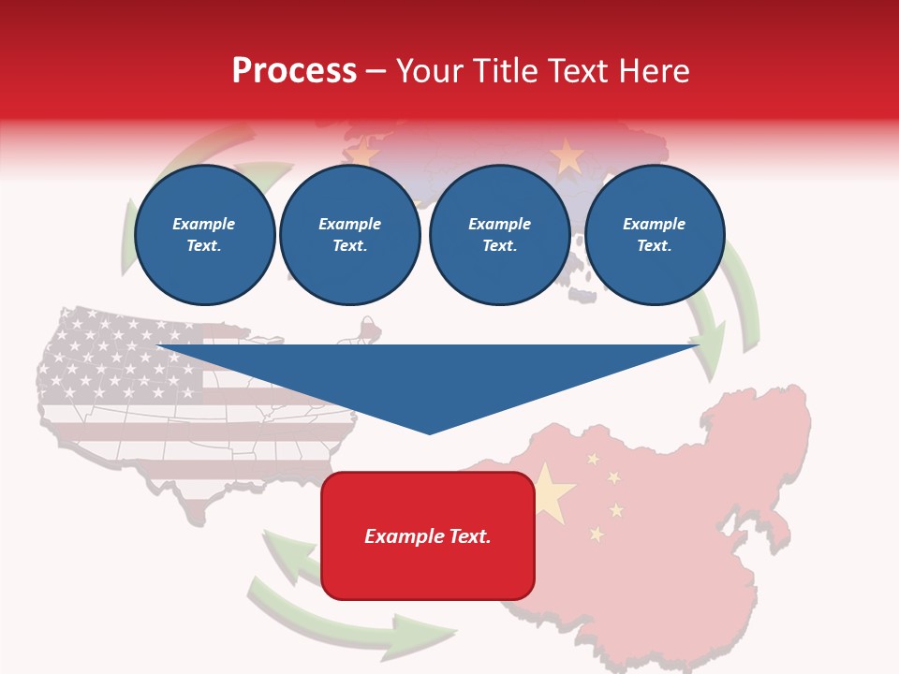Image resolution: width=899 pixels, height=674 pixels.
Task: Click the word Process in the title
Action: [294, 71]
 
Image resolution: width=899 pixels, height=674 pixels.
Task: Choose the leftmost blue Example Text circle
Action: [205, 235]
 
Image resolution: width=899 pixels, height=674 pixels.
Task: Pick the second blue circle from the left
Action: [350, 235]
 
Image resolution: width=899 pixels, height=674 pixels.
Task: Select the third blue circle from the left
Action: [500, 235]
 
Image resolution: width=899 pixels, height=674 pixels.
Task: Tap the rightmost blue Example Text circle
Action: [655, 235]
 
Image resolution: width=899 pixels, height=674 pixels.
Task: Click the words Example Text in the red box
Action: [428, 536]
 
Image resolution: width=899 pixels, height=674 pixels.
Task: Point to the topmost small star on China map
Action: [592, 459]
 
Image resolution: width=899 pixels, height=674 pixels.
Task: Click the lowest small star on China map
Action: [597, 534]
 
